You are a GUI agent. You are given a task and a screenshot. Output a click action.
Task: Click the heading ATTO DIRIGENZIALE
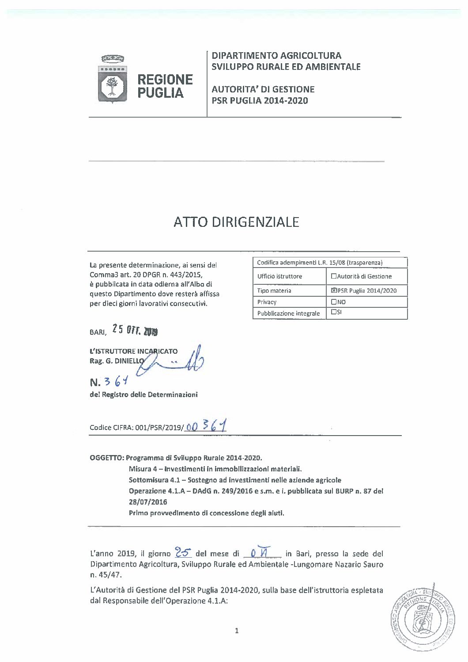tap(236, 222)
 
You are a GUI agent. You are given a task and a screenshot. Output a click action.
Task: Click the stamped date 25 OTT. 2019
tap(135, 330)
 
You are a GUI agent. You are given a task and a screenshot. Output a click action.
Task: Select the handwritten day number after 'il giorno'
tap(182, 552)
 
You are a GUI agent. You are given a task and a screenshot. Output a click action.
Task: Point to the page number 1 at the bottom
tap(237, 631)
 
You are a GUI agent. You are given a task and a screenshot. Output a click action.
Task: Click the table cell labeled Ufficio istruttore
tap(279, 276)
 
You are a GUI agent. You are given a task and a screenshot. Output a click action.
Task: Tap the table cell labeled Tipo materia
tap(274, 291)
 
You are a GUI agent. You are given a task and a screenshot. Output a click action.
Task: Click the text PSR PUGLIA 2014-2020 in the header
tap(260, 100)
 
